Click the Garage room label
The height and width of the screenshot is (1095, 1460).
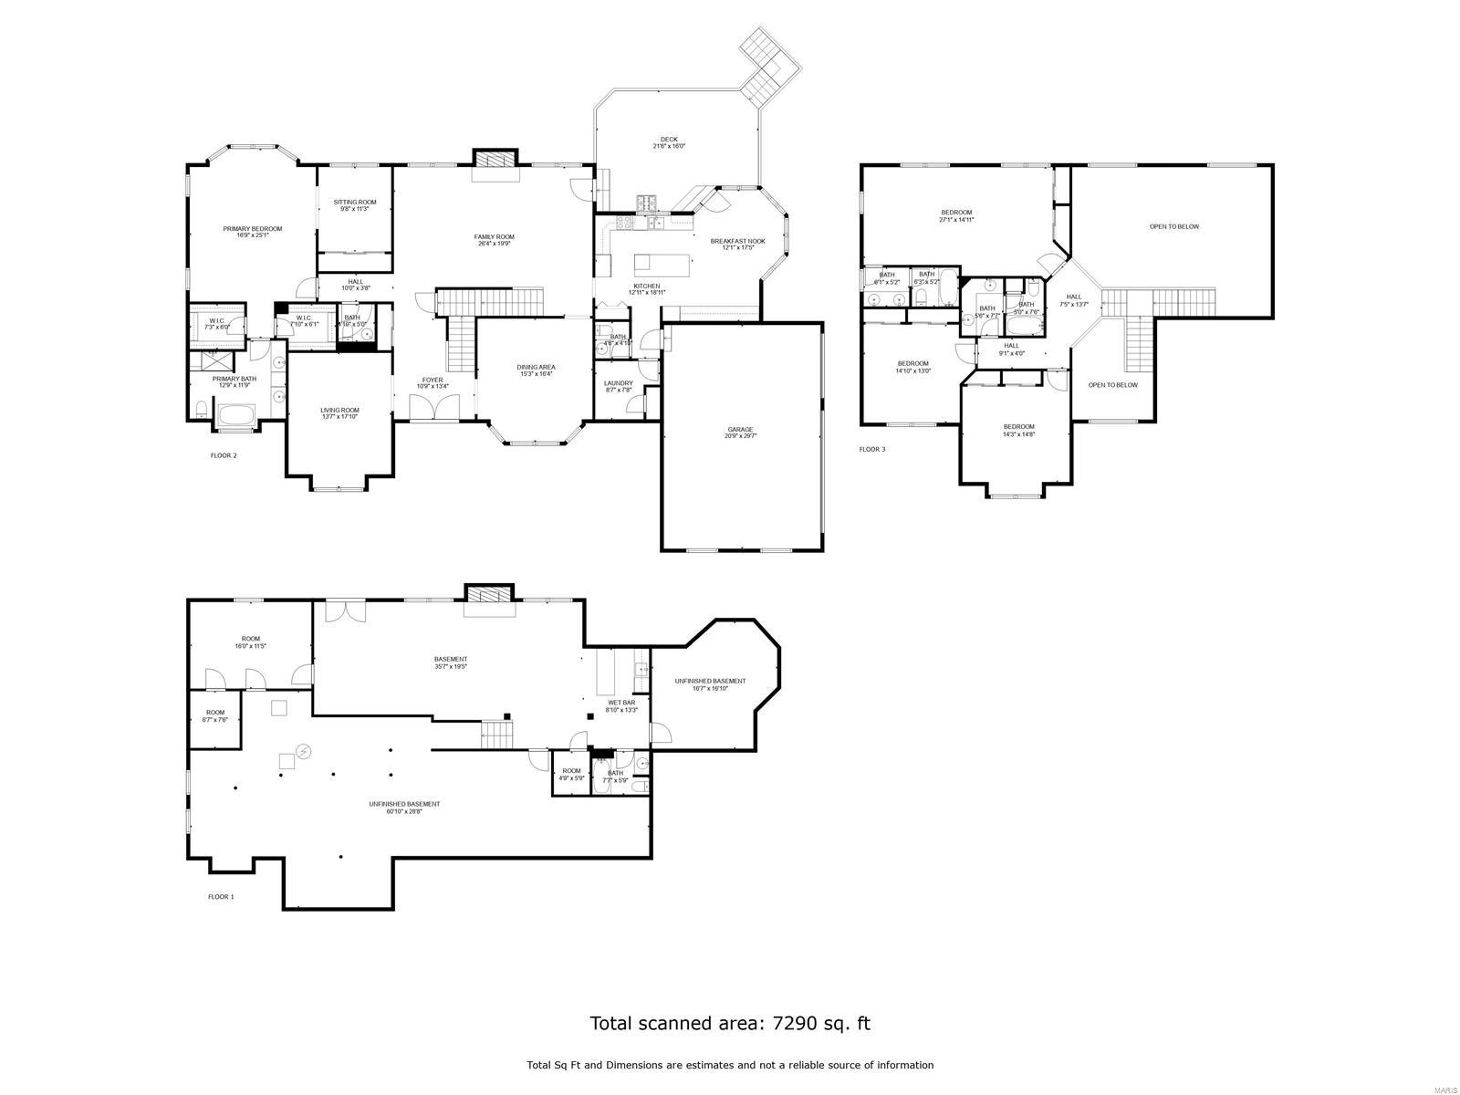pyautogui.click(x=741, y=432)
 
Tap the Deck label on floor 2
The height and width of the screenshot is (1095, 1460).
pyautogui.click(x=669, y=142)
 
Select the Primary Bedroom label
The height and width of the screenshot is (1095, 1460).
pyautogui.click(x=253, y=232)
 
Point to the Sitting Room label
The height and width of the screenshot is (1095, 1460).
pyautogui.click(x=354, y=204)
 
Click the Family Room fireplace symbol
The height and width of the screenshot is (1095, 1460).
pyautogui.click(x=495, y=160)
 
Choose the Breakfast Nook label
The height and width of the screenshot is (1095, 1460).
pyautogui.click(x=737, y=244)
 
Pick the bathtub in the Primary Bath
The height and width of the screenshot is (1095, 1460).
pyautogui.click(x=236, y=416)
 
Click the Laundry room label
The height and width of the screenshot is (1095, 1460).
pyautogui.click(x=618, y=386)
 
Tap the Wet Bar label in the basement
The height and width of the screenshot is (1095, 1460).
pyautogui.click(x=621, y=705)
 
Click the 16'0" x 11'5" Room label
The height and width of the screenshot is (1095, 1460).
pyautogui.click(x=250, y=641)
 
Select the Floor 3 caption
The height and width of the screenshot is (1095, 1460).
pyautogui.click(x=872, y=449)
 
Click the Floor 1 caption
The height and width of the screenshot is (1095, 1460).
pyautogui.click(x=221, y=896)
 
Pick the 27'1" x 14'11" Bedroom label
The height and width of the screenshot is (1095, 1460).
pyautogui.click(x=956, y=215)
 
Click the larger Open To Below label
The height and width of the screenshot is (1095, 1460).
pyautogui.click(x=1173, y=226)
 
